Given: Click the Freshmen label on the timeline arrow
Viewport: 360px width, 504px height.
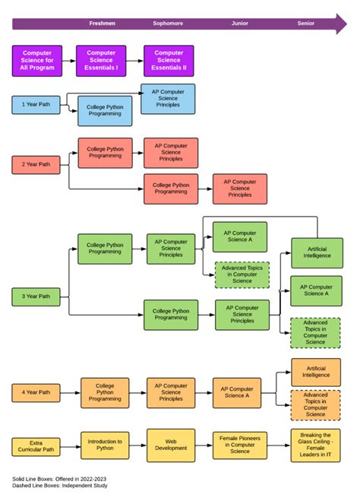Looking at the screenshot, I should coord(102,24).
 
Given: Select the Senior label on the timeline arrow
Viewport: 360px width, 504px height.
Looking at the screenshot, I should coord(305,24).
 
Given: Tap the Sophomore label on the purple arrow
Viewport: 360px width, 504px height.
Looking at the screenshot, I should coord(167,24).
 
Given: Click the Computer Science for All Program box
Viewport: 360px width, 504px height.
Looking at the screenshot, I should coord(37,61).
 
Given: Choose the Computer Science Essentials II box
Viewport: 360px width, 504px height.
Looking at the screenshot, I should coord(169,61).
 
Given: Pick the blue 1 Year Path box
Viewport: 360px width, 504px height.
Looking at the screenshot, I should coord(36,104).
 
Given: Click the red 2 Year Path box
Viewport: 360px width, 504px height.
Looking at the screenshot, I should coord(36,164).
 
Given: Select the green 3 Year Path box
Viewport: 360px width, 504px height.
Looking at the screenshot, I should coord(36,296).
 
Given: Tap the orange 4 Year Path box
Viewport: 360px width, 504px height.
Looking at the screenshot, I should coord(36,393).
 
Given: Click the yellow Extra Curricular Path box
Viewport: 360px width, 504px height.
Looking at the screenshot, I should coord(36,447).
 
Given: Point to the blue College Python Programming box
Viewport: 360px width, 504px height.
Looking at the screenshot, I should coord(105,112).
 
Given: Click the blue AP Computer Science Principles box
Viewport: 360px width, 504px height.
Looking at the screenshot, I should coord(168,99).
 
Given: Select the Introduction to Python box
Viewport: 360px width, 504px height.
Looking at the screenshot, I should coord(105,445).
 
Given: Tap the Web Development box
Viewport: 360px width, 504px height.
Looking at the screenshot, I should coord(171,445).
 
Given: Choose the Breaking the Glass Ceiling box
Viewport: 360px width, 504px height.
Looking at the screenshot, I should coord(315,445).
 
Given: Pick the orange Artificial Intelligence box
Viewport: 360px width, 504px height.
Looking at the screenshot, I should coord(316,372).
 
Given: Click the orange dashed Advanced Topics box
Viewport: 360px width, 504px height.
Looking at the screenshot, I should coord(316,404).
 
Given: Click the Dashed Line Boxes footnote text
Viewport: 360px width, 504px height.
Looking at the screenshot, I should coord(60,486).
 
